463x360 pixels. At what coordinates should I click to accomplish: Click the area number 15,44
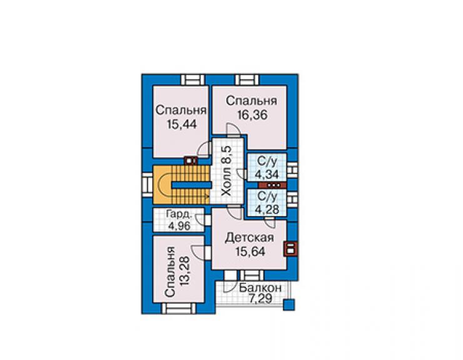pos(181,125)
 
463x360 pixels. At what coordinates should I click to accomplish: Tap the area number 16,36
pos(253,115)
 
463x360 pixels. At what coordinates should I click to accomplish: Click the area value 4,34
pos(267,175)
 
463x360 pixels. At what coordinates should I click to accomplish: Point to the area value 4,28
pos(267,210)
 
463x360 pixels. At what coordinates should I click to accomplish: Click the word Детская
pos(250,238)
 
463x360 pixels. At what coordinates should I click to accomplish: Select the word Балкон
pos(260,288)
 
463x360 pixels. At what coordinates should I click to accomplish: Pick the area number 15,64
pos(250,252)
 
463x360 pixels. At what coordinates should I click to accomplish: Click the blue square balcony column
pos(289,305)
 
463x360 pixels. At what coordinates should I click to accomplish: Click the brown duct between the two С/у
pos(272,185)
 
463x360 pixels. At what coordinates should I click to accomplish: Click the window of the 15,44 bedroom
pos(193,80)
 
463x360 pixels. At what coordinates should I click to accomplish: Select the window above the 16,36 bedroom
pos(247,80)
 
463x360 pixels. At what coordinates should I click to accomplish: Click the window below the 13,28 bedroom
pos(178,308)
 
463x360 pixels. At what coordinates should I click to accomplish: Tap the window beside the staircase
pos(147,185)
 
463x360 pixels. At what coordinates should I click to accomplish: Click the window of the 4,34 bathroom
pos(292,170)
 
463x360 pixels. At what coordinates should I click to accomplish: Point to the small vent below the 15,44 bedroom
pos(191,161)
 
